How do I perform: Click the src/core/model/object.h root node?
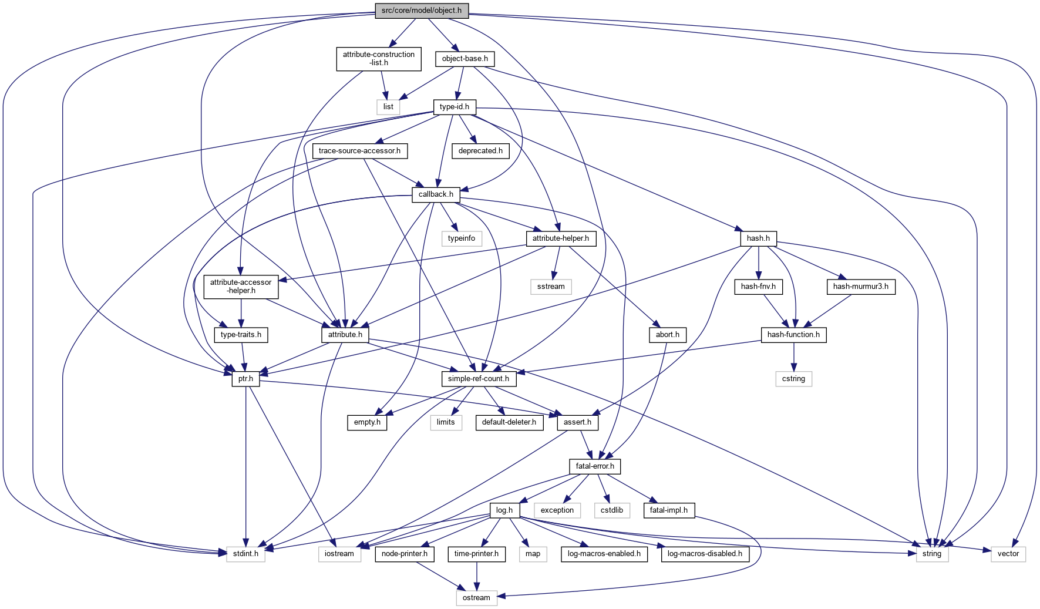pos(422,11)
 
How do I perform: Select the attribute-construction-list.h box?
pos(379,59)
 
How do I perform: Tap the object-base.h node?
pos(465,59)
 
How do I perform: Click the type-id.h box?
pos(455,107)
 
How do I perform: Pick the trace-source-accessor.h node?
pos(359,151)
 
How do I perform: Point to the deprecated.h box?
pos(480,151)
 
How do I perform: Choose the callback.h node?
pos(436,194)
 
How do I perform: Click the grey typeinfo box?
pos(462,238)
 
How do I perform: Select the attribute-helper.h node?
pos(560,238)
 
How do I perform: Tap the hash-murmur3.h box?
pos(861,287)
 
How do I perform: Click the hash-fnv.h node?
pos(758,287)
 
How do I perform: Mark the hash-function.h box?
pos(793,335)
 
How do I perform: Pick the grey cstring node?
pos(793,379)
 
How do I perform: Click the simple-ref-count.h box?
pos(479,379)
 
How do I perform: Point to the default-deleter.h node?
pos(509,422)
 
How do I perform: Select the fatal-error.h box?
pos(595,466)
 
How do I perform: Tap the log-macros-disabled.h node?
pos(705,554)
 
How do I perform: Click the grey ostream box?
pos(476,598)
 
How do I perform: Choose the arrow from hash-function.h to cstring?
pos(793,357)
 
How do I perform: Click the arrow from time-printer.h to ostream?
pos(476,576)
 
